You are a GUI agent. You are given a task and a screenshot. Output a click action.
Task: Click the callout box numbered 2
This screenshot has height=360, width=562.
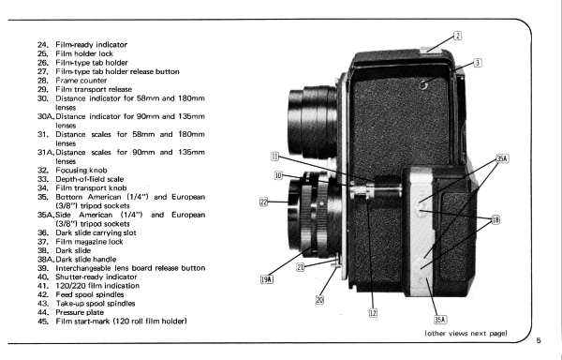[x=458, y=36]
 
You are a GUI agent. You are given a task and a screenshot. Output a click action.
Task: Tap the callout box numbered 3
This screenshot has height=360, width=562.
[x=478, y=63]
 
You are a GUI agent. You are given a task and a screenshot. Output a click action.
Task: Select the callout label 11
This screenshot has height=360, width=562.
[x=274, y=157]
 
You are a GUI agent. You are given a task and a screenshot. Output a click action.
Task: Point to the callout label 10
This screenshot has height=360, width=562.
[x=278, y=175]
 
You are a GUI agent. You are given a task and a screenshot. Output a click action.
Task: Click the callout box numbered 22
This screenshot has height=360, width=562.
[x=264, y=202]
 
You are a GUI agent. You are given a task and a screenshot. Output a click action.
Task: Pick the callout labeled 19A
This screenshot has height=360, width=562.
[x=267, y=279]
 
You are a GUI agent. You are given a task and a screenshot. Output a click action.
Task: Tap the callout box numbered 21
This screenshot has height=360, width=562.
[x=301, y=267]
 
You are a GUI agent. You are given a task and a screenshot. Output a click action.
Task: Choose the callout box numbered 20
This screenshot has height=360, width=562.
[x=319, y=300]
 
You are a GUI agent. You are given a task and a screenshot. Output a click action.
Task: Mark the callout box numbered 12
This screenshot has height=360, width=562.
[x=373, y=313]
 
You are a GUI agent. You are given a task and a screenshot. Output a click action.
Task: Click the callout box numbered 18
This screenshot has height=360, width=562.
[x=495, y=219]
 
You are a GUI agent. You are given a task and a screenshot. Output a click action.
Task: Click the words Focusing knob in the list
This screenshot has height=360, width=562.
[x=81, y=171]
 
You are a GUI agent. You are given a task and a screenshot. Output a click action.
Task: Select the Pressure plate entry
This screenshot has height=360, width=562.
[x=80, y=312]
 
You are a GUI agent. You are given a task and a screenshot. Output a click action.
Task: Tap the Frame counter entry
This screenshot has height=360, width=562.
[x=81, y=81]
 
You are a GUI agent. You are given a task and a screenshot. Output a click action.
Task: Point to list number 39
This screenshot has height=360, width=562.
[x=43, y=268]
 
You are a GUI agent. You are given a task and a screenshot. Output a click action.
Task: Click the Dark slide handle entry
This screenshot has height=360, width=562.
[x=86, y=260]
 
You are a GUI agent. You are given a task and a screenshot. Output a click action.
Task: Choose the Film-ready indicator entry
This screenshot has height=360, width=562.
[x=92, y=45]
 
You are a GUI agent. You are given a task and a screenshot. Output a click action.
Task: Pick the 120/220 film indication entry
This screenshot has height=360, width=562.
[x=97, y=286]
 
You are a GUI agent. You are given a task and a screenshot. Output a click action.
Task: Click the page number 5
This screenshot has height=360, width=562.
[x=539, y=340]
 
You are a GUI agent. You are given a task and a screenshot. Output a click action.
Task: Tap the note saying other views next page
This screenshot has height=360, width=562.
[x=466, y=334]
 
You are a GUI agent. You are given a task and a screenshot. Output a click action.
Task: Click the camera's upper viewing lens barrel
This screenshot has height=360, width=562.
[x=312, y=122]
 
